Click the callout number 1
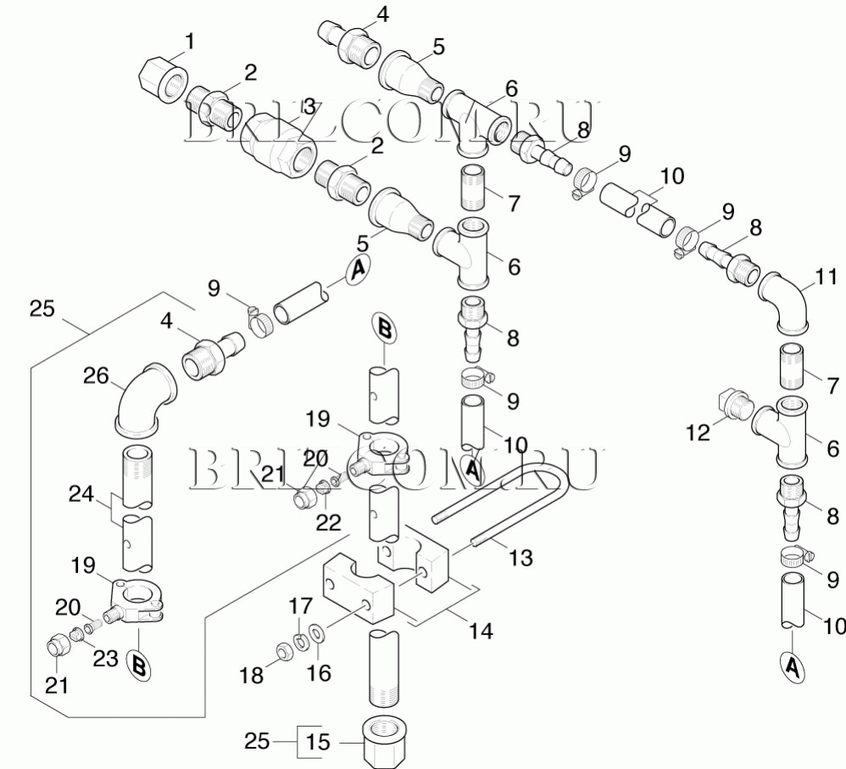tap(190, 41)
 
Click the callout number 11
tap(827, 276)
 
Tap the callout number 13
tap(521, 557)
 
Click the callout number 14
tap(481, 631)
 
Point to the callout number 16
tap(319, 673)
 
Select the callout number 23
tap(105, 659)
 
